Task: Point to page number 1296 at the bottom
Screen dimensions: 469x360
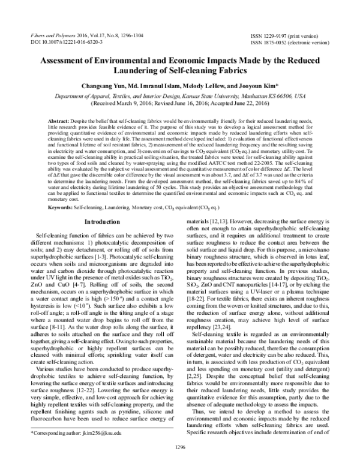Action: pyautogui.click(x=180, y=462)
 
